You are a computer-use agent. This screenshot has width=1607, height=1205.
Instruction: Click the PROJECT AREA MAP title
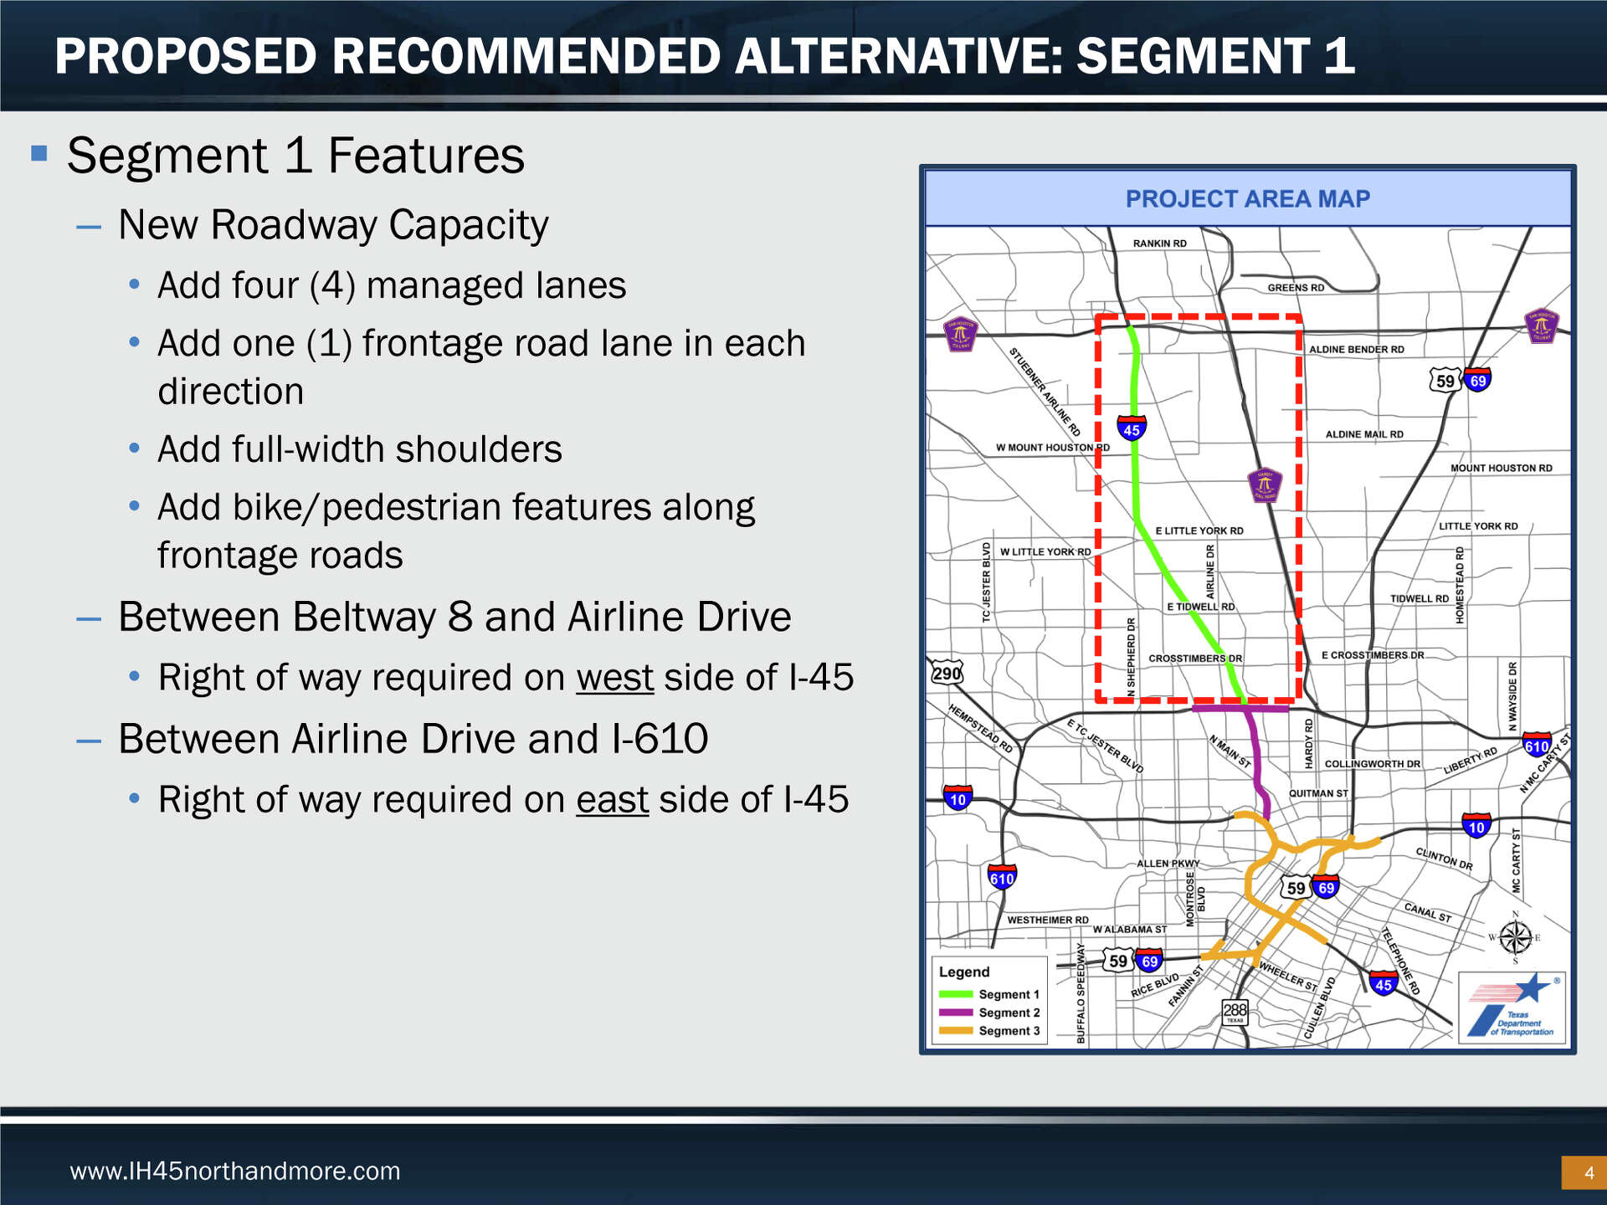pos(1247,199)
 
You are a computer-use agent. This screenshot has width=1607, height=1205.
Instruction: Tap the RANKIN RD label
pos(1159,244)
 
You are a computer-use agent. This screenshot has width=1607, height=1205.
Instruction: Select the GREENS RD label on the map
pos(1296,288)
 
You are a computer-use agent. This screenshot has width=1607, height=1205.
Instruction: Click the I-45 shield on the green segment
pos(1132,428)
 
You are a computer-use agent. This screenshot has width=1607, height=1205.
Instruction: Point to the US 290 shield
pos(947,673)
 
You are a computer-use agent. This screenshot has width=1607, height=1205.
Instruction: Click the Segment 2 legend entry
pos(989,1013)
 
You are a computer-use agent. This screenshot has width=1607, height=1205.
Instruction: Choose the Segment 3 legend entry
pos(989,1031)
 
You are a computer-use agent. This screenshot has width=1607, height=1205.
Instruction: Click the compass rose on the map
pos(1515,937)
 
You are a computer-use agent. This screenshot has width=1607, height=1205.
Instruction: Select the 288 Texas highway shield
pos(1235,1012)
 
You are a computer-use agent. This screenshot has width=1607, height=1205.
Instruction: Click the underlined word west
pos(614,678)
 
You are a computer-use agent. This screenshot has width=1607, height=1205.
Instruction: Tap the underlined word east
pos(612,800)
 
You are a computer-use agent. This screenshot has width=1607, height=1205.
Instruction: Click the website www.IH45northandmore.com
pos(235,1171)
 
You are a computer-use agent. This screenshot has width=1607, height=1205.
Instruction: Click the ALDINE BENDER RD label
pos(1356,350)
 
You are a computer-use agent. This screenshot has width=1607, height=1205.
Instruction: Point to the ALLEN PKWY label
pos(1168,864)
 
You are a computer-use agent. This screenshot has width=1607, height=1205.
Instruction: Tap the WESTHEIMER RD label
pos(1047,920)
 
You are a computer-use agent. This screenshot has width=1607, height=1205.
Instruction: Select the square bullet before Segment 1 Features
pos(39,153)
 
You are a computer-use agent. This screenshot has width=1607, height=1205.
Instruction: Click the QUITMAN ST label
pos(1318,793)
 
